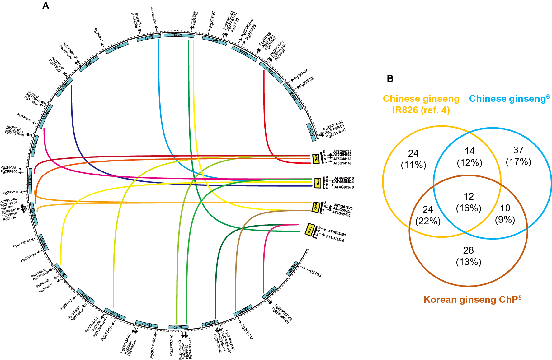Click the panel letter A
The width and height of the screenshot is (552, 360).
tap(45, 6)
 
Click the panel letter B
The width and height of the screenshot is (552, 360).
tap(390, 79)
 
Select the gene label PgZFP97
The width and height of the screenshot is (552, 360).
tap(212, 20)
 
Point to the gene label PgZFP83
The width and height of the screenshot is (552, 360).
tap(314, 273)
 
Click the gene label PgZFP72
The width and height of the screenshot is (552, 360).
tap(172, 348)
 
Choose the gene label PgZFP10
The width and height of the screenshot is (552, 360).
tap(10, 193)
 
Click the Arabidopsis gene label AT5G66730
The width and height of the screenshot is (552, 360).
tap(342, 152)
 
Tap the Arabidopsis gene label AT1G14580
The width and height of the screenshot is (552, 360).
tap(335, 239)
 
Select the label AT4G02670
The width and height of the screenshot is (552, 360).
tap(344, 187)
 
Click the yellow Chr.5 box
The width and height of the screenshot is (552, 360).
tap(316, 159)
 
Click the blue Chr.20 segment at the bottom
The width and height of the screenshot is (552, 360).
tap(178, 327)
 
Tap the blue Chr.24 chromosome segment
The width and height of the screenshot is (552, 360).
tap(292, 269)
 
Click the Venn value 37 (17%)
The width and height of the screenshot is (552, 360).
tap(518, 156)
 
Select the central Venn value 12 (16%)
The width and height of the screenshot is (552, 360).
tap(469, 202)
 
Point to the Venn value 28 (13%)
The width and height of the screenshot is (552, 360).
tap(468, 256)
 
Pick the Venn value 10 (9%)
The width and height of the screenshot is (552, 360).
tap(505, 214)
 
